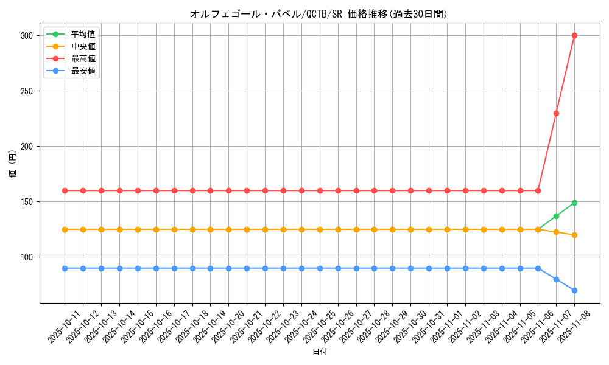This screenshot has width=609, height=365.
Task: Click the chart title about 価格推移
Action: tap(319, 14)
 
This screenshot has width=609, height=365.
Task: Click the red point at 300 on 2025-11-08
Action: tap(574, 35)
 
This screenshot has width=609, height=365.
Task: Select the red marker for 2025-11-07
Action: tap(556, 113)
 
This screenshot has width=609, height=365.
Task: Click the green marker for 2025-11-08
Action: tap(574, 203)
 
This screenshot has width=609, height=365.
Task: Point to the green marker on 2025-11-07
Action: tap(556, 216)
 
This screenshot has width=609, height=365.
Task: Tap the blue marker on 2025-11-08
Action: tap(574, 290)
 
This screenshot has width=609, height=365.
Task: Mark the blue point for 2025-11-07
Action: tap(556, 279)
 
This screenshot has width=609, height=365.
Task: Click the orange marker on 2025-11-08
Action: tap(574, 235)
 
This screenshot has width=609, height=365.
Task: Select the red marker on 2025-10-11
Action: tap(65, 190)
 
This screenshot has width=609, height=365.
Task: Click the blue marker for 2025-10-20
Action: tap(228, 268)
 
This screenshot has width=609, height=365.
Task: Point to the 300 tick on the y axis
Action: tap(26, 36)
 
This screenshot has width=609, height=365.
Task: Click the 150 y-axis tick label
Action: tap(26, 202)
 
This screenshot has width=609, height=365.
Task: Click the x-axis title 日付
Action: tap(320, 352)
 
